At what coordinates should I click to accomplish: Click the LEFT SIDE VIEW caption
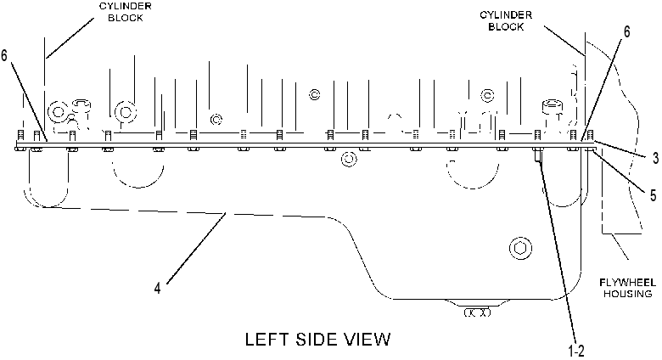(318, 340)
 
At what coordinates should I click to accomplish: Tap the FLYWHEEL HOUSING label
(627, 288)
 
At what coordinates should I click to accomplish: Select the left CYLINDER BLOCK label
(126, 12)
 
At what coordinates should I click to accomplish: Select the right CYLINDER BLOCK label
(506, 20)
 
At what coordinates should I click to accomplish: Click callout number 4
(157, 289)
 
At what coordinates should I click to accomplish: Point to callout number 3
(655, 158)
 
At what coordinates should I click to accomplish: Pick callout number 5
(653, 194)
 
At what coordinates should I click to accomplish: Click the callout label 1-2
(576, 351)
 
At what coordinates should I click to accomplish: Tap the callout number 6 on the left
(4, 55)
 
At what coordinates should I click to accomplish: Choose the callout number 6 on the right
(626, 31)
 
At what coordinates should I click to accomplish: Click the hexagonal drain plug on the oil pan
(520, 248)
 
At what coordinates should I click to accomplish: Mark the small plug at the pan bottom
(477, 312)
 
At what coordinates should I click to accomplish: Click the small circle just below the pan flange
(348, 160)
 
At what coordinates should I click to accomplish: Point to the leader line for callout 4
(196, 248)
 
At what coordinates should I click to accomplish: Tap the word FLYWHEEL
(627, 282)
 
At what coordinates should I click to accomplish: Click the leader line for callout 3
(620, 149)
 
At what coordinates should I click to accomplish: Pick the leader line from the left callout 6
(29, 101)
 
